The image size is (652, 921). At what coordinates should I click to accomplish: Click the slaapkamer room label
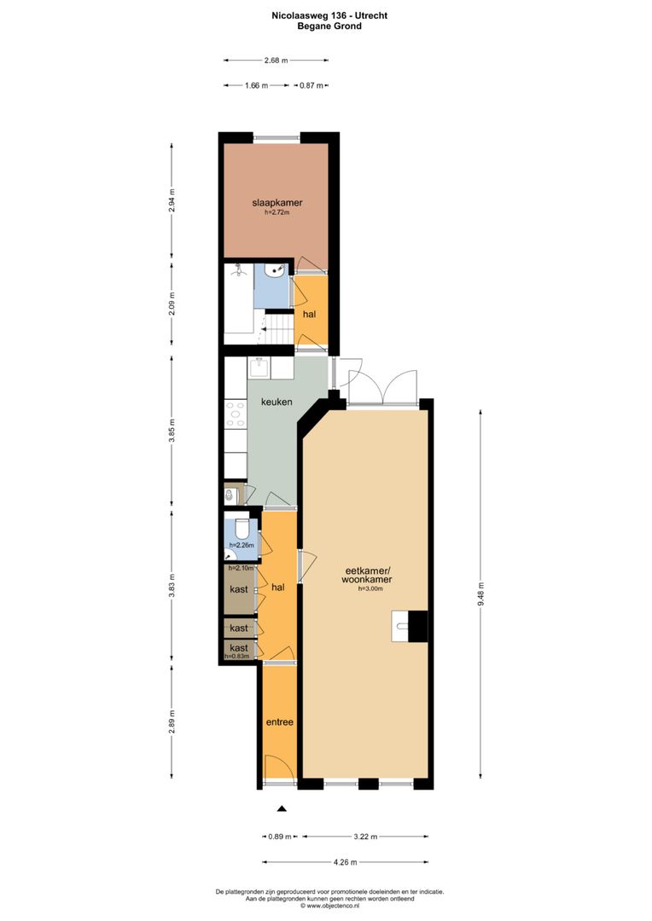pyautogui.click(x=277, y=203)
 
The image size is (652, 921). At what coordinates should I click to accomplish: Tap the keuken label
pyautogui.click(x=277, y=402)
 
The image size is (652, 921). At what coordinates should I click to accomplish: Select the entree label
pyautogui.click(x=279, y=722)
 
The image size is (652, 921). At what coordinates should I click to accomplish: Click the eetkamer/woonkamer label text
pyautogui.click(x=368, y=575)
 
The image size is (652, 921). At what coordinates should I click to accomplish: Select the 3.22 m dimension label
pyautogui.click(x=367, y=837)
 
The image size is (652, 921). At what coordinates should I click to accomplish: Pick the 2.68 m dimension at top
pyautogui.click(x=277, y=61)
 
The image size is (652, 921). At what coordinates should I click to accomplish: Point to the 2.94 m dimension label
pyautogui.click(x=172, y=199)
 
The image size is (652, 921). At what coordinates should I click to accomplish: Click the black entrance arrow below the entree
pyautogui.click(x=282, y=808)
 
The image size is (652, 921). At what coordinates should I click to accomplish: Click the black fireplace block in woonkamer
pyautogui.click(x=417, y=626)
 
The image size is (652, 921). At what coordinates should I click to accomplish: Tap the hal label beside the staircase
pyautogui.click(x=310, y=314)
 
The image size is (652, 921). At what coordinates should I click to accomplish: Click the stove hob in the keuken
pyautogui.click(x=234, y=415)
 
